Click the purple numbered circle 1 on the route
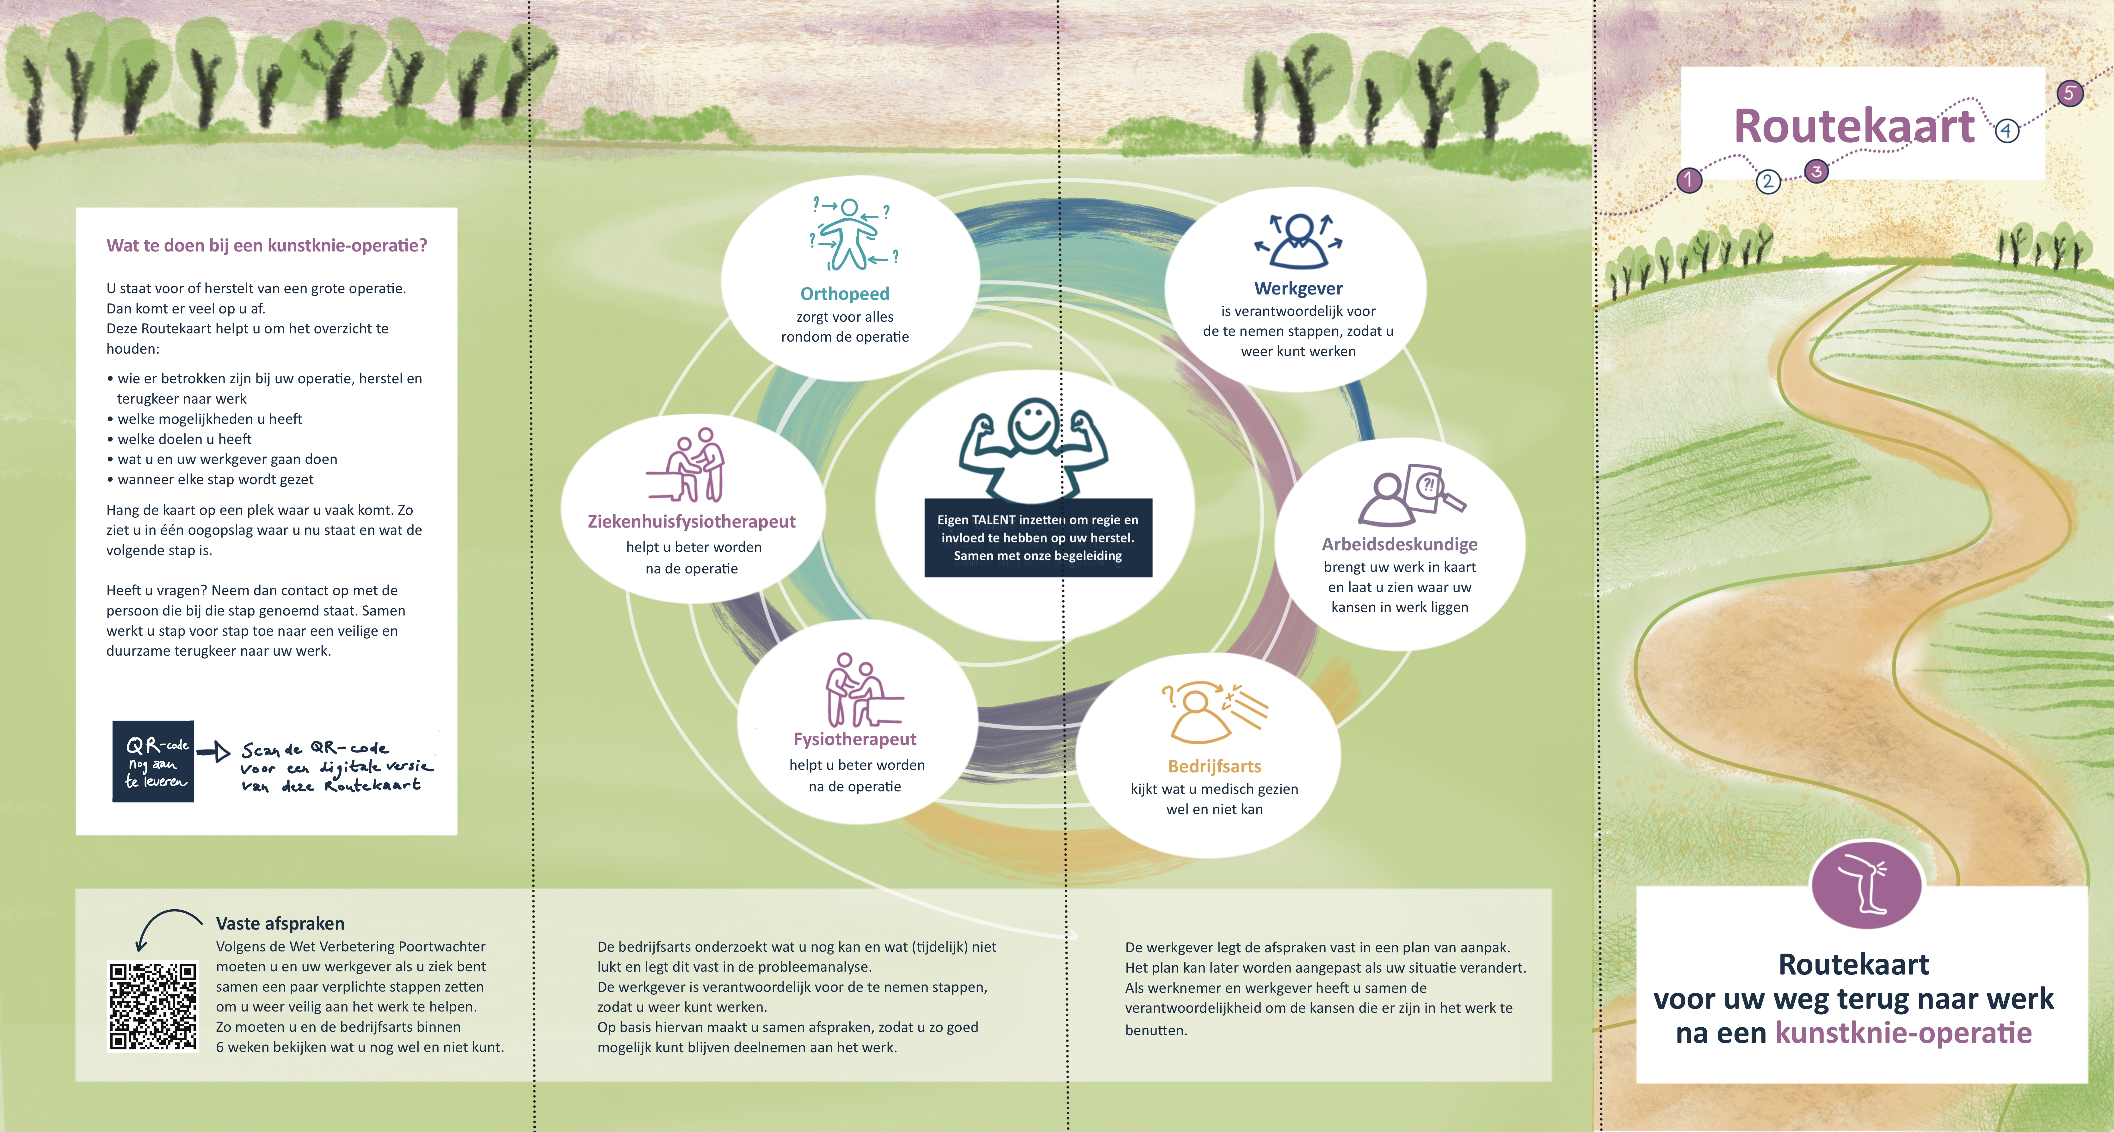coord(1688,180)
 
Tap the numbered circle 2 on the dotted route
coord(1768,182)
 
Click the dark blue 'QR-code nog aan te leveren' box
coord(153,761)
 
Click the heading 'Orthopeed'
coord(844,294)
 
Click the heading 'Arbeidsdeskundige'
coord(1399,544)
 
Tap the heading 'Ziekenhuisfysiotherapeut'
coord(691,521)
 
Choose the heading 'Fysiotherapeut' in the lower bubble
coord(854,739)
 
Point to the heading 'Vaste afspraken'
coord(280,924)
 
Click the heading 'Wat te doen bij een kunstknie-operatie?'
coord(267,245)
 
